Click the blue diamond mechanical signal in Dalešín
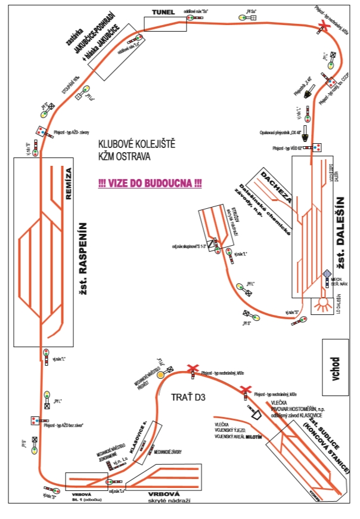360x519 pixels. (x=327, y=274)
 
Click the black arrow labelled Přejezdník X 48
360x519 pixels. (x=309, y=91)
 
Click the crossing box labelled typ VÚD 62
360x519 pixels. (x=318, y=147)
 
